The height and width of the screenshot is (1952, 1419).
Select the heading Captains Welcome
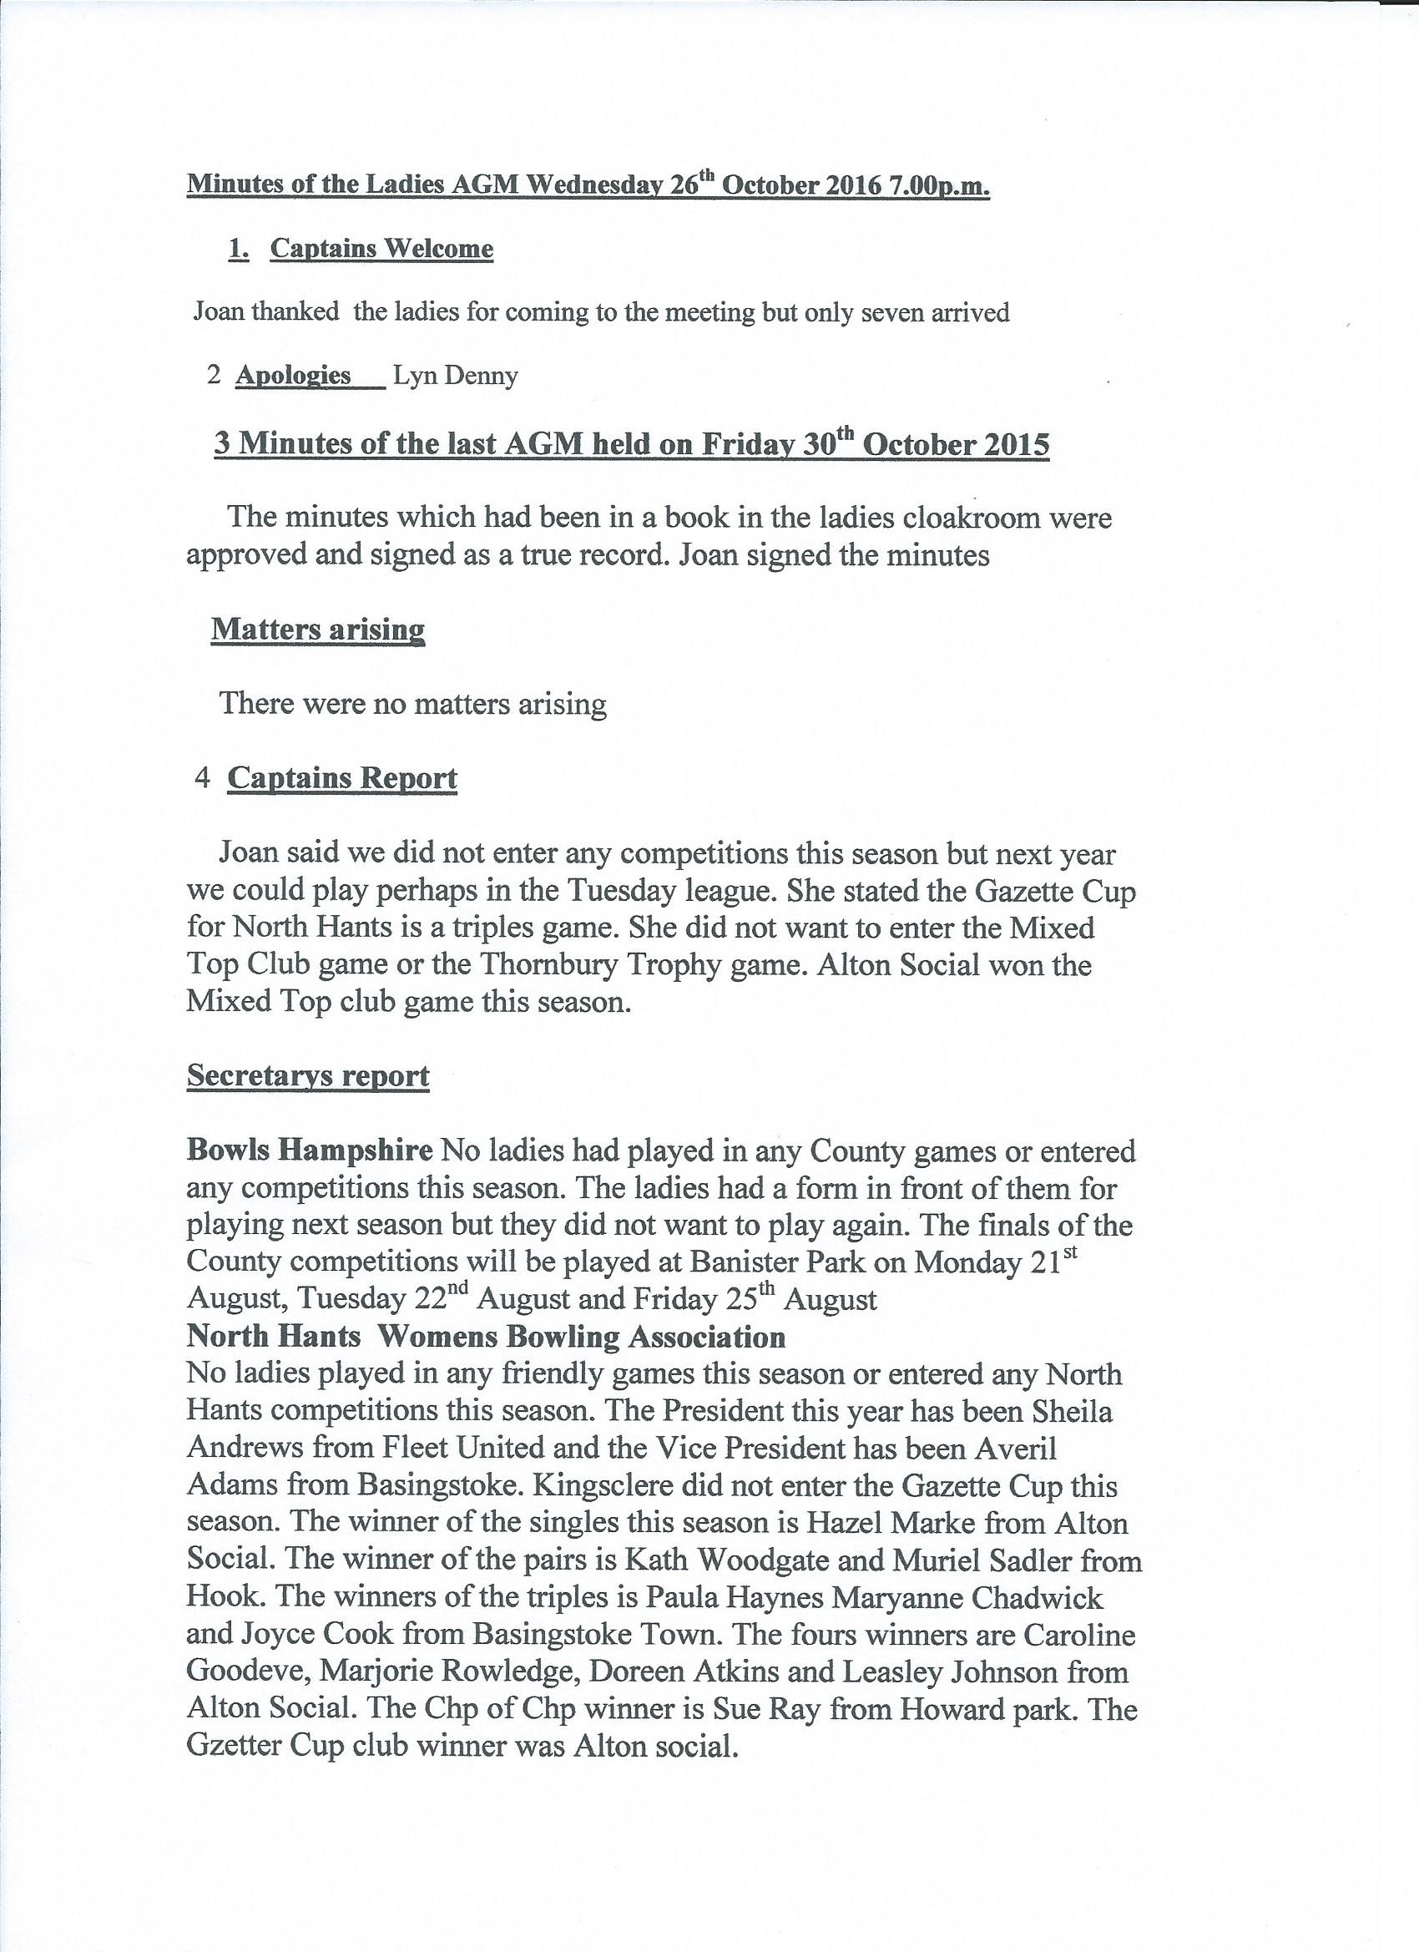point(381,249)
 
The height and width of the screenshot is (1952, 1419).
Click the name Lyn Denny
point(455,376)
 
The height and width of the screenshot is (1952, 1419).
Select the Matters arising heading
point(317,630)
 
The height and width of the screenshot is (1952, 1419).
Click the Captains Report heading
point(341,778)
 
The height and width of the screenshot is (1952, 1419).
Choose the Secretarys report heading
point(308,1076)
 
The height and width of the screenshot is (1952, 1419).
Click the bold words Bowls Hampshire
point(310,1150)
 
